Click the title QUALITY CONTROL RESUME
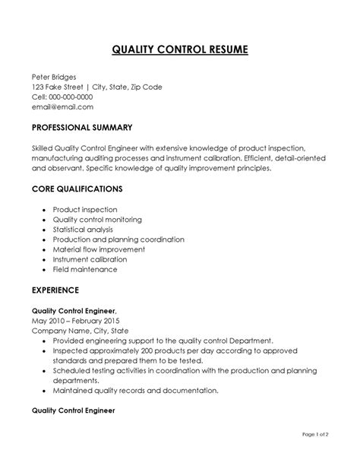tap(179, 51)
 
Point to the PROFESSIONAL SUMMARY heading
tap(82, 127)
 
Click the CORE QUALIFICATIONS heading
tap(77, 188)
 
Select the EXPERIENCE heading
tap(55, 290)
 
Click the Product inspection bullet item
tap(85, 208)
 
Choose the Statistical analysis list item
tap(83, 229)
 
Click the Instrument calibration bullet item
tap(90, 259)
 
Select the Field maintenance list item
tap(85, 269)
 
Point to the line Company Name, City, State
tap(81, 330)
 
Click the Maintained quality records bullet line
tap(135, 390)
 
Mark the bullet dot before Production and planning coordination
tap(45, 239)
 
